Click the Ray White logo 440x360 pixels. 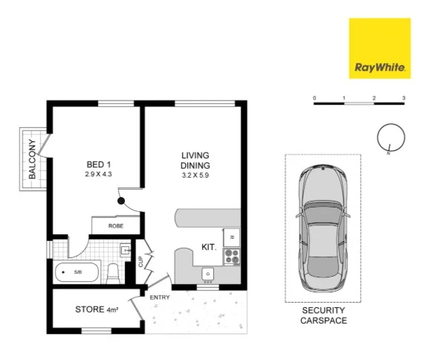pyautogui.click(x=379, y=48)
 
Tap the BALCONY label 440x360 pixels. pyautogui.click(x=33, y=159)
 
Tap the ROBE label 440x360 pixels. pyautogui.click(x=115, y=225)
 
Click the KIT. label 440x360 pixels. pyautogui.click(x=209, y=248)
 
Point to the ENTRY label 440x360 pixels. pyautogui.click(x=160, y=298)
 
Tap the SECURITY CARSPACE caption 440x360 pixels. pyautogui.click(x=323, y=315)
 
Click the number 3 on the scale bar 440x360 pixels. pyautogui.click(x=403, y=97)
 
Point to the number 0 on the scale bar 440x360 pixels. pyautogui.click(x=314, y=97)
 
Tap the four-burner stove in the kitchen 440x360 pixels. pyautogui.click(x=231, y=257)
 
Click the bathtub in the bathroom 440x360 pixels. pyautogui.click(x=77, y=272)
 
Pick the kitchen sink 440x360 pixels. pyautogui.click(x=208, y=275)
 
